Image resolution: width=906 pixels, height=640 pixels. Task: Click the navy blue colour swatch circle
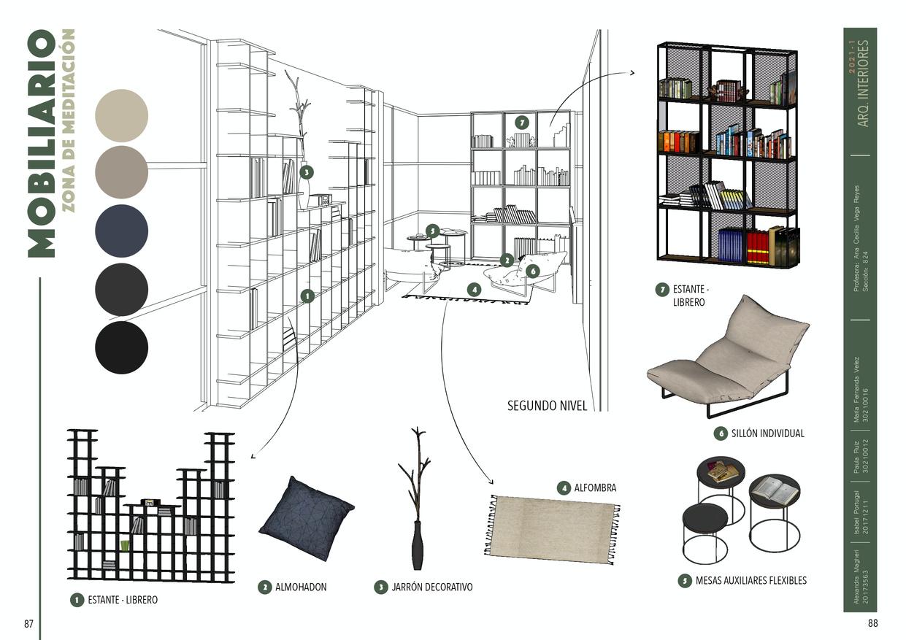(121, 231)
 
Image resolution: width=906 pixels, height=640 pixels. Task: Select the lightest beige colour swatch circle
(121, 115)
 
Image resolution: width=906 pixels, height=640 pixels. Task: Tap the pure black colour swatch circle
(121, 347)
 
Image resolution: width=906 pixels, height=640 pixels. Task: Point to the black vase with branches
(417, 511)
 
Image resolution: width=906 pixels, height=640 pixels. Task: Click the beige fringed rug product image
(552, 529)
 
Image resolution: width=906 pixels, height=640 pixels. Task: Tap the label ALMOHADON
(301, 587)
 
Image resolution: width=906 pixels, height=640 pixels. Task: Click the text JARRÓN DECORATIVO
(431, 587)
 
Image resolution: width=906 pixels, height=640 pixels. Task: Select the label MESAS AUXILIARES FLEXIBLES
(750, 581)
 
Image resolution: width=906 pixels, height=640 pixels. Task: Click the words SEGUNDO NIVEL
(547, 406)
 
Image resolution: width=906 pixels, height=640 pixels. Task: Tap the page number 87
(29, 624)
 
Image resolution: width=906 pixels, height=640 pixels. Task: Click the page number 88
(872, 624)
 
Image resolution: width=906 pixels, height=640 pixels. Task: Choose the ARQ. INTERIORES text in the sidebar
(864, 84)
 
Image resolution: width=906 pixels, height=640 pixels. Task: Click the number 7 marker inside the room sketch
(521, 122)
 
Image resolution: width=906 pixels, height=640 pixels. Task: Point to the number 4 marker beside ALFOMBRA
(563, 487)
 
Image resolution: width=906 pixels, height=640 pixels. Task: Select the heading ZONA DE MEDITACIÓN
(68, 120)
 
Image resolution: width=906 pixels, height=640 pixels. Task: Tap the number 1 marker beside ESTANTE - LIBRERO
(77, 600)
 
